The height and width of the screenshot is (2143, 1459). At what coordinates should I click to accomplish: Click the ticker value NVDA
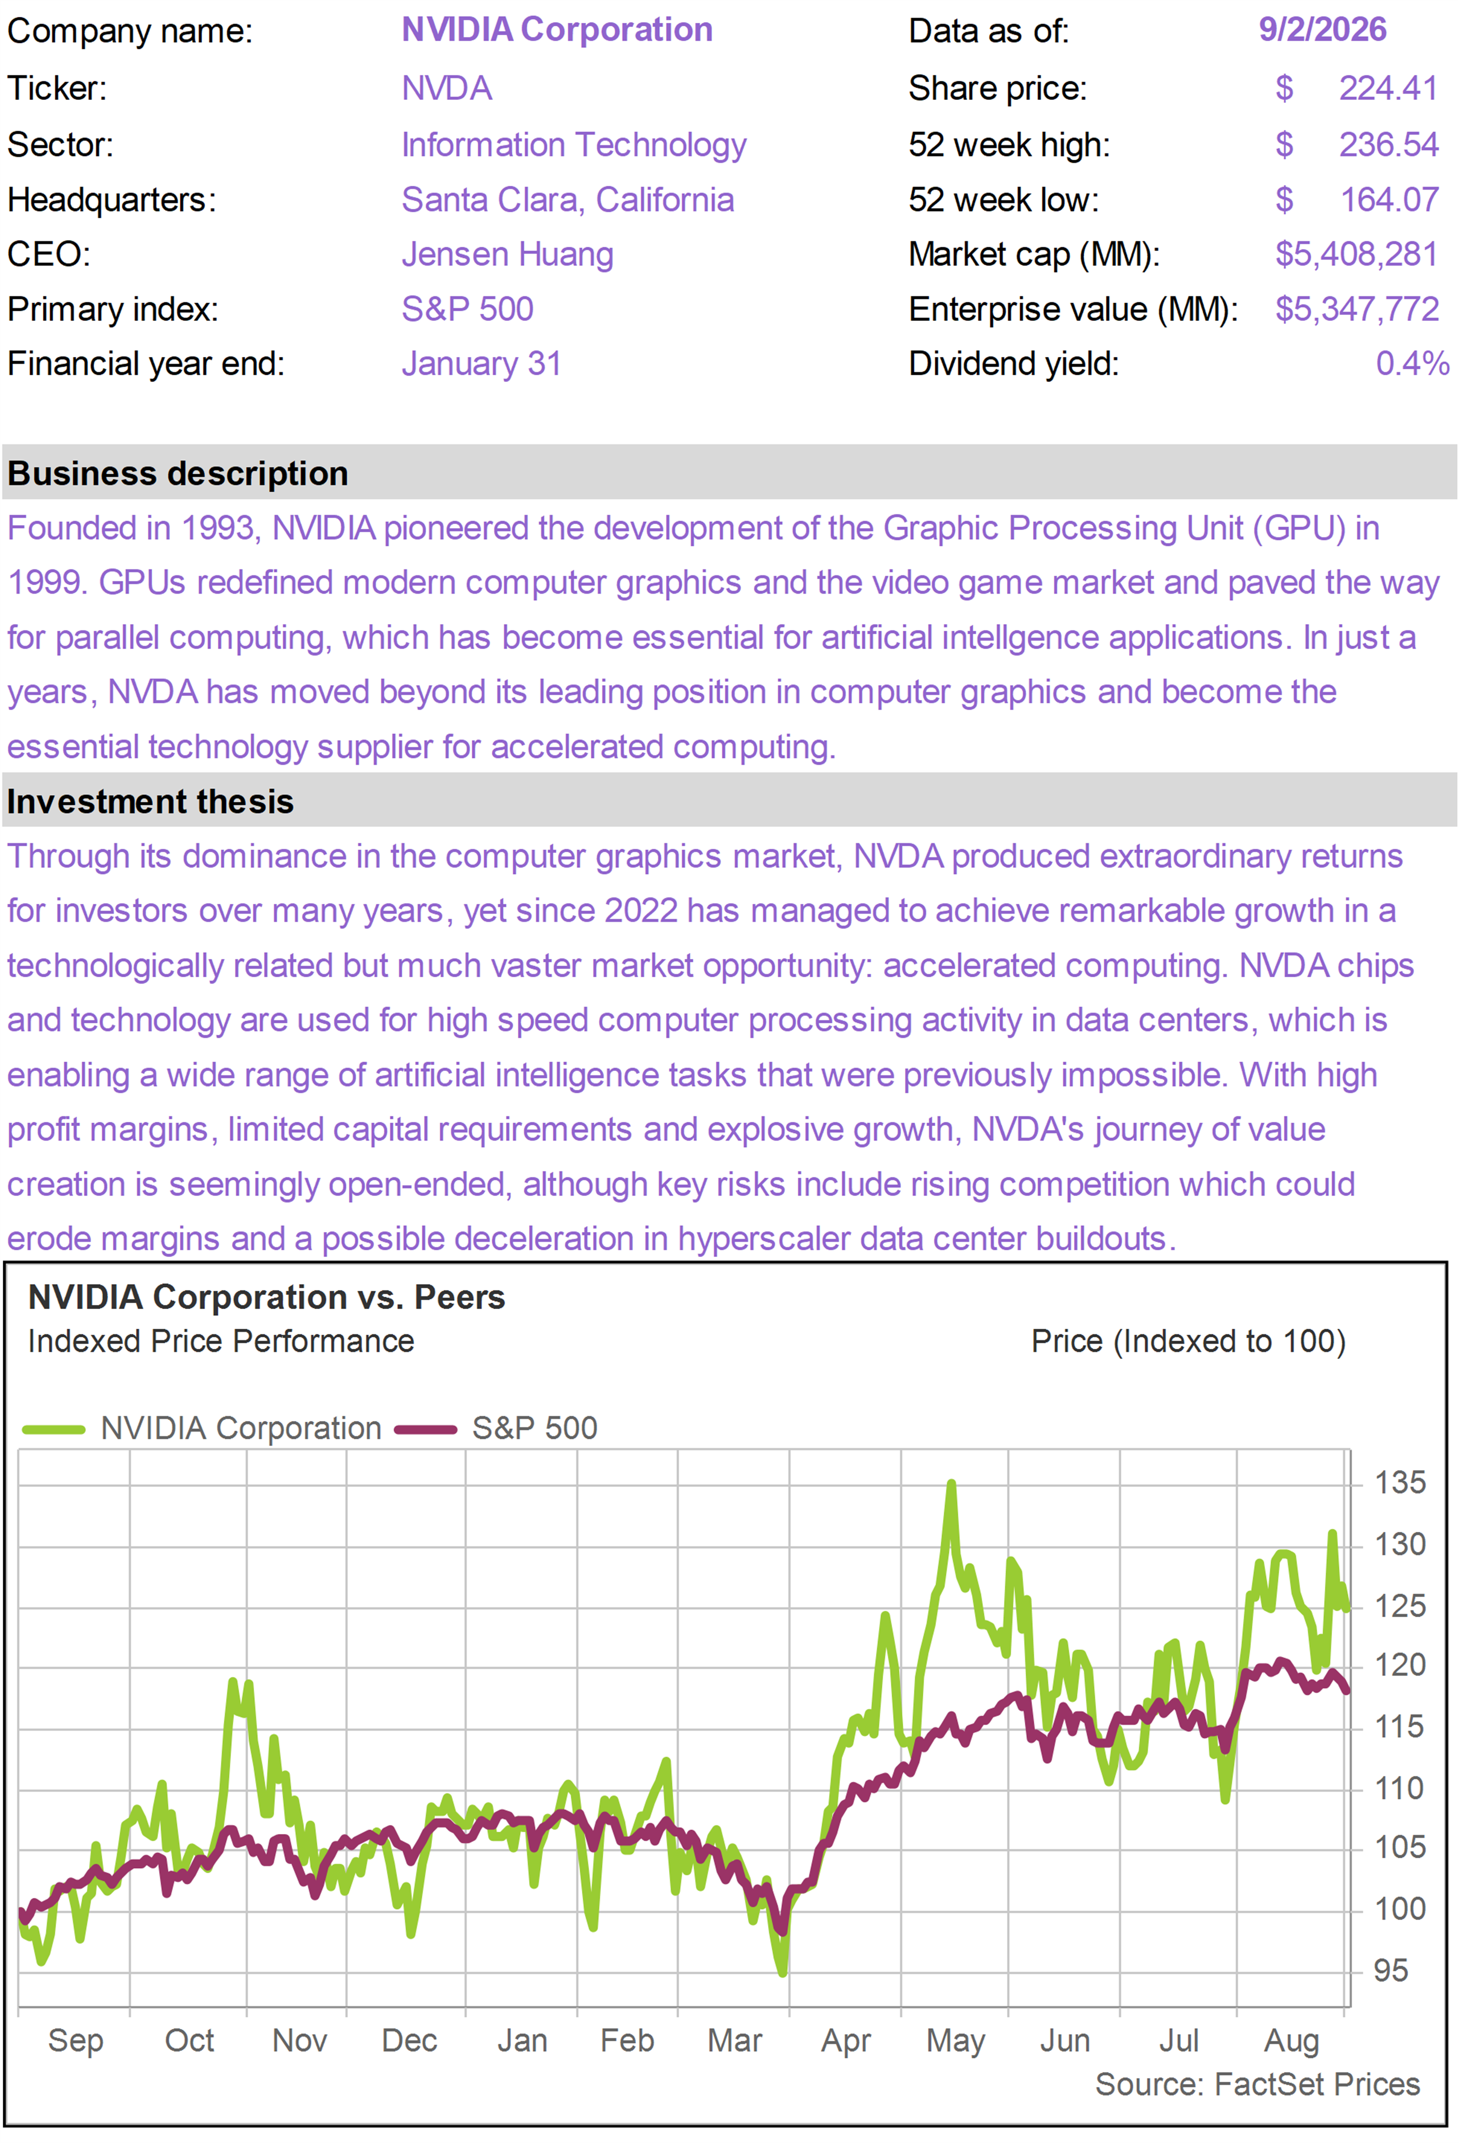click(x=446, y=89)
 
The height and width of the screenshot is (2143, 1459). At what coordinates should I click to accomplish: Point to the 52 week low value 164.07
click(x=1388, y=200)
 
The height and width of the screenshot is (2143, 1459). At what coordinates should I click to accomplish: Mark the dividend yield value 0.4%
click(x=1412, y=363)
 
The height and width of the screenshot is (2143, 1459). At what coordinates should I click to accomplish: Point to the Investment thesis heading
click(x=150, y=802)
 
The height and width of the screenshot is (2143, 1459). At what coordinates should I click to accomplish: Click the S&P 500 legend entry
click(x=496, y=1428)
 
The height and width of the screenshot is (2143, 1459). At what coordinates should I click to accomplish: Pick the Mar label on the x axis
click(x=734, y=2041)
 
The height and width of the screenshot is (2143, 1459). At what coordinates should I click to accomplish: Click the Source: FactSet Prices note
click(x=1257, y=2084)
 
